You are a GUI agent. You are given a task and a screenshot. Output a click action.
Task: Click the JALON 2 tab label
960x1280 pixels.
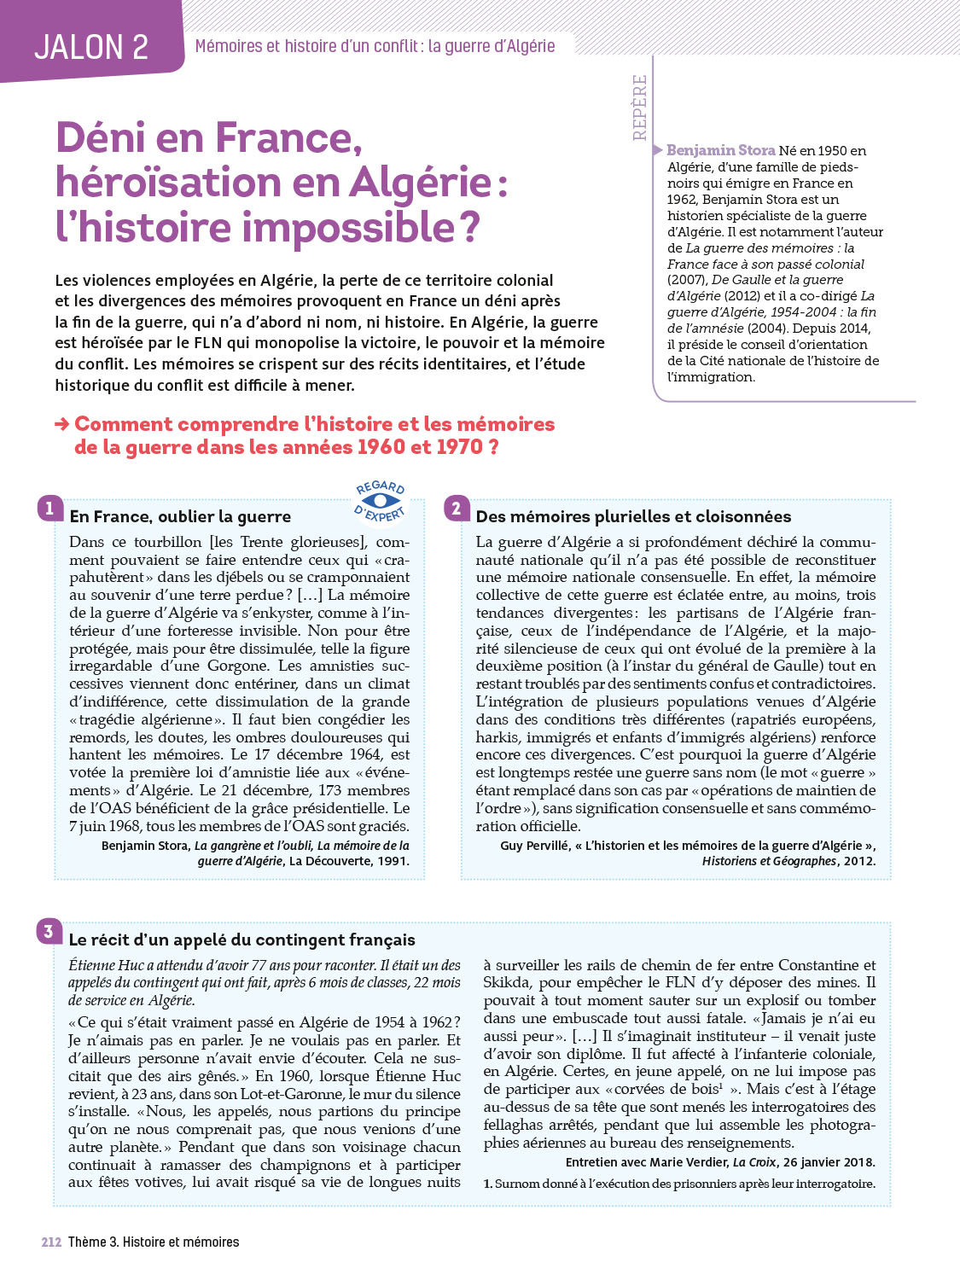point(91,47)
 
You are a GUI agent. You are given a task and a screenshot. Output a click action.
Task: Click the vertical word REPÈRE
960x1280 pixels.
point(640,108)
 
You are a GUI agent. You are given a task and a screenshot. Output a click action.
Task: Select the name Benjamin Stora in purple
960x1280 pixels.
point(720,150)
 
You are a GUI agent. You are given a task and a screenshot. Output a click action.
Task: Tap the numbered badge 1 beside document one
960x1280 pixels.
point(49,509)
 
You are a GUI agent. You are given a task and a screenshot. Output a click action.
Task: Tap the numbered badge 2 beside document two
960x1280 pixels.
point(457,509)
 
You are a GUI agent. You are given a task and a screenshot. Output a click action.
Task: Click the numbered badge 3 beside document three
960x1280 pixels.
point(49,931)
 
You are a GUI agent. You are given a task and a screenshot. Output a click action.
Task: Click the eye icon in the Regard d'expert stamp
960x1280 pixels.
point(381,501)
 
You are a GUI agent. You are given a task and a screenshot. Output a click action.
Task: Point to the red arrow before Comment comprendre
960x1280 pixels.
point(62,424)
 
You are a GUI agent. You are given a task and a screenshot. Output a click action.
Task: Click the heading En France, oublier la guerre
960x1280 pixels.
point(180,516)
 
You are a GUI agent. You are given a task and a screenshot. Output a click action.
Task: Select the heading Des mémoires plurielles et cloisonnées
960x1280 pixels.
point(633,516)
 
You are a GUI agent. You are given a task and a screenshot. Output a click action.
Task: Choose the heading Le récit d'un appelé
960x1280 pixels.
point(241,940)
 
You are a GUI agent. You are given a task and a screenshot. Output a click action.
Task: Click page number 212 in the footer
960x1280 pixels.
point(51,1242)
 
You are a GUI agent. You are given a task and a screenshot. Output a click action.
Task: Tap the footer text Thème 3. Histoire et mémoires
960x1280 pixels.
point(154,1242)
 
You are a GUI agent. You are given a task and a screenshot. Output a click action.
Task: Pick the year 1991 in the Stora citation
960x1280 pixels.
point(393,861)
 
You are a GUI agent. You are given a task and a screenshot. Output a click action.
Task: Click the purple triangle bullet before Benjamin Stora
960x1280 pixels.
point(658,150)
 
